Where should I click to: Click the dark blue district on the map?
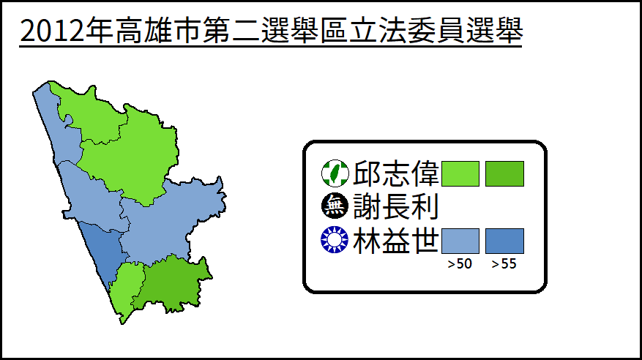pos(102,254)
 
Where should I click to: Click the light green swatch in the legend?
pos(460,174)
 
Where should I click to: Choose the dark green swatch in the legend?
pos(504,174)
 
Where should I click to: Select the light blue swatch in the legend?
pos(460,241)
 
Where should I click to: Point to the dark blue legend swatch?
pos(504,241)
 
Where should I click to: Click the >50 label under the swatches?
pos(460,264)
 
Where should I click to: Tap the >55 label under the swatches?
pos(504,264)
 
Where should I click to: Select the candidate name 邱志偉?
pos(396,173)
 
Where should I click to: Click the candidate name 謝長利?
pos(396,206)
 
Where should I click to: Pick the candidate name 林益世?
pos(396,241)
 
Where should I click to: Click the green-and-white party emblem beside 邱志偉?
pos(335,173)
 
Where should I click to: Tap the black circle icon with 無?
pos(335,206)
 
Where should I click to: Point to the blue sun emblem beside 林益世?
pos(335,240)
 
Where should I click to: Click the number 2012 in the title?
pos(52,31)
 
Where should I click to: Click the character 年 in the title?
pos(100,30)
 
